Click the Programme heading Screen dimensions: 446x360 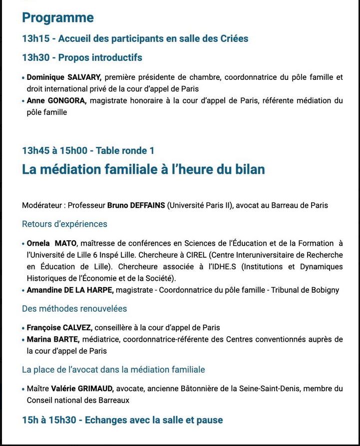coord(58,18)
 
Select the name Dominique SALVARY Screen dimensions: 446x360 coord(64,77)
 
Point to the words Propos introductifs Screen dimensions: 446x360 coord(100,57)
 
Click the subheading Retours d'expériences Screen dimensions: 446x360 coord(64,224)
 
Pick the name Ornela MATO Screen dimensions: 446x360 coord(51,243)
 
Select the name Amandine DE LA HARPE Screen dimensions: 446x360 coord(70,290)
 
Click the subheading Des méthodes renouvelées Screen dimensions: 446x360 coord(74,309)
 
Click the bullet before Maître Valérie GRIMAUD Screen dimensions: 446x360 coord(23,389)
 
